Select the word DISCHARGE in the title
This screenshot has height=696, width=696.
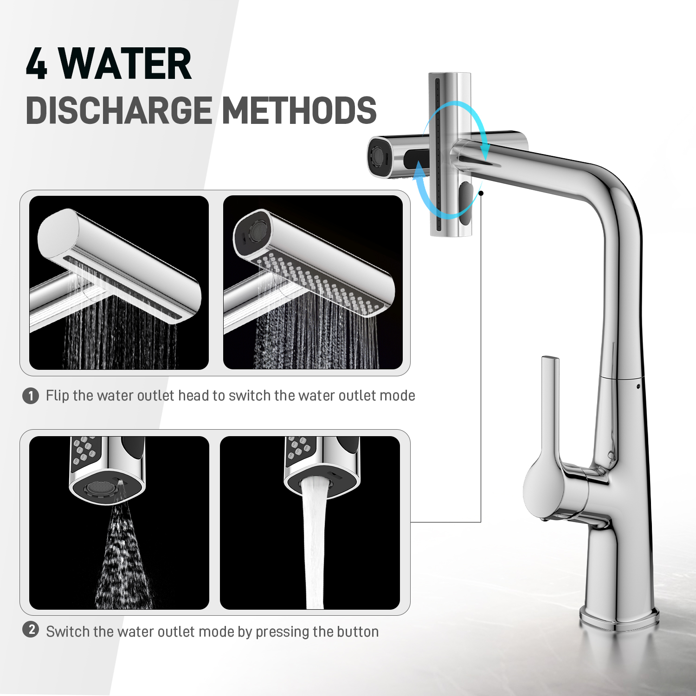(x=119, y=110)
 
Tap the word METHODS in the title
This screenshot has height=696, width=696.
(x=299, y=110)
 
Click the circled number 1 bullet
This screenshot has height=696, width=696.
(x=31, y=396)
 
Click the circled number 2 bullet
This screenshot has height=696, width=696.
(x=31, y=630)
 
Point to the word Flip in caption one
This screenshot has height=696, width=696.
(x=57, y=395)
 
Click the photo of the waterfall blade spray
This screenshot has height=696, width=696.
(x=119, y=283)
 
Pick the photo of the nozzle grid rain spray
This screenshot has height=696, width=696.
(x=313, y=283)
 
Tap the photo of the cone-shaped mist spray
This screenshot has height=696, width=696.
(x=119, y=523)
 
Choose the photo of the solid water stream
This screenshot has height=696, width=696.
(x=310, y=523)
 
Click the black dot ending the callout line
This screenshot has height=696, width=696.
(x=481, y=193)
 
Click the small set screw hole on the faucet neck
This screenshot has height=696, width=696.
(x=639, y=386)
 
